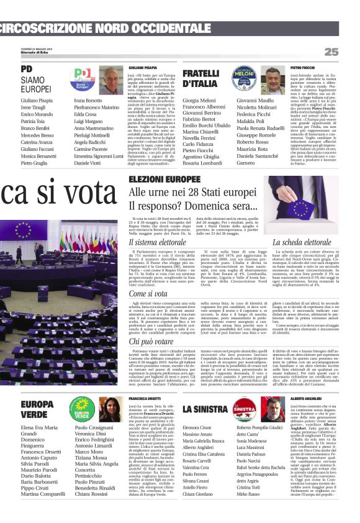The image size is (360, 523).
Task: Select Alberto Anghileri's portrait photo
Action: point(272,410)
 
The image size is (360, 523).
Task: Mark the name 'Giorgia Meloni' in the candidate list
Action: point(199,100)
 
